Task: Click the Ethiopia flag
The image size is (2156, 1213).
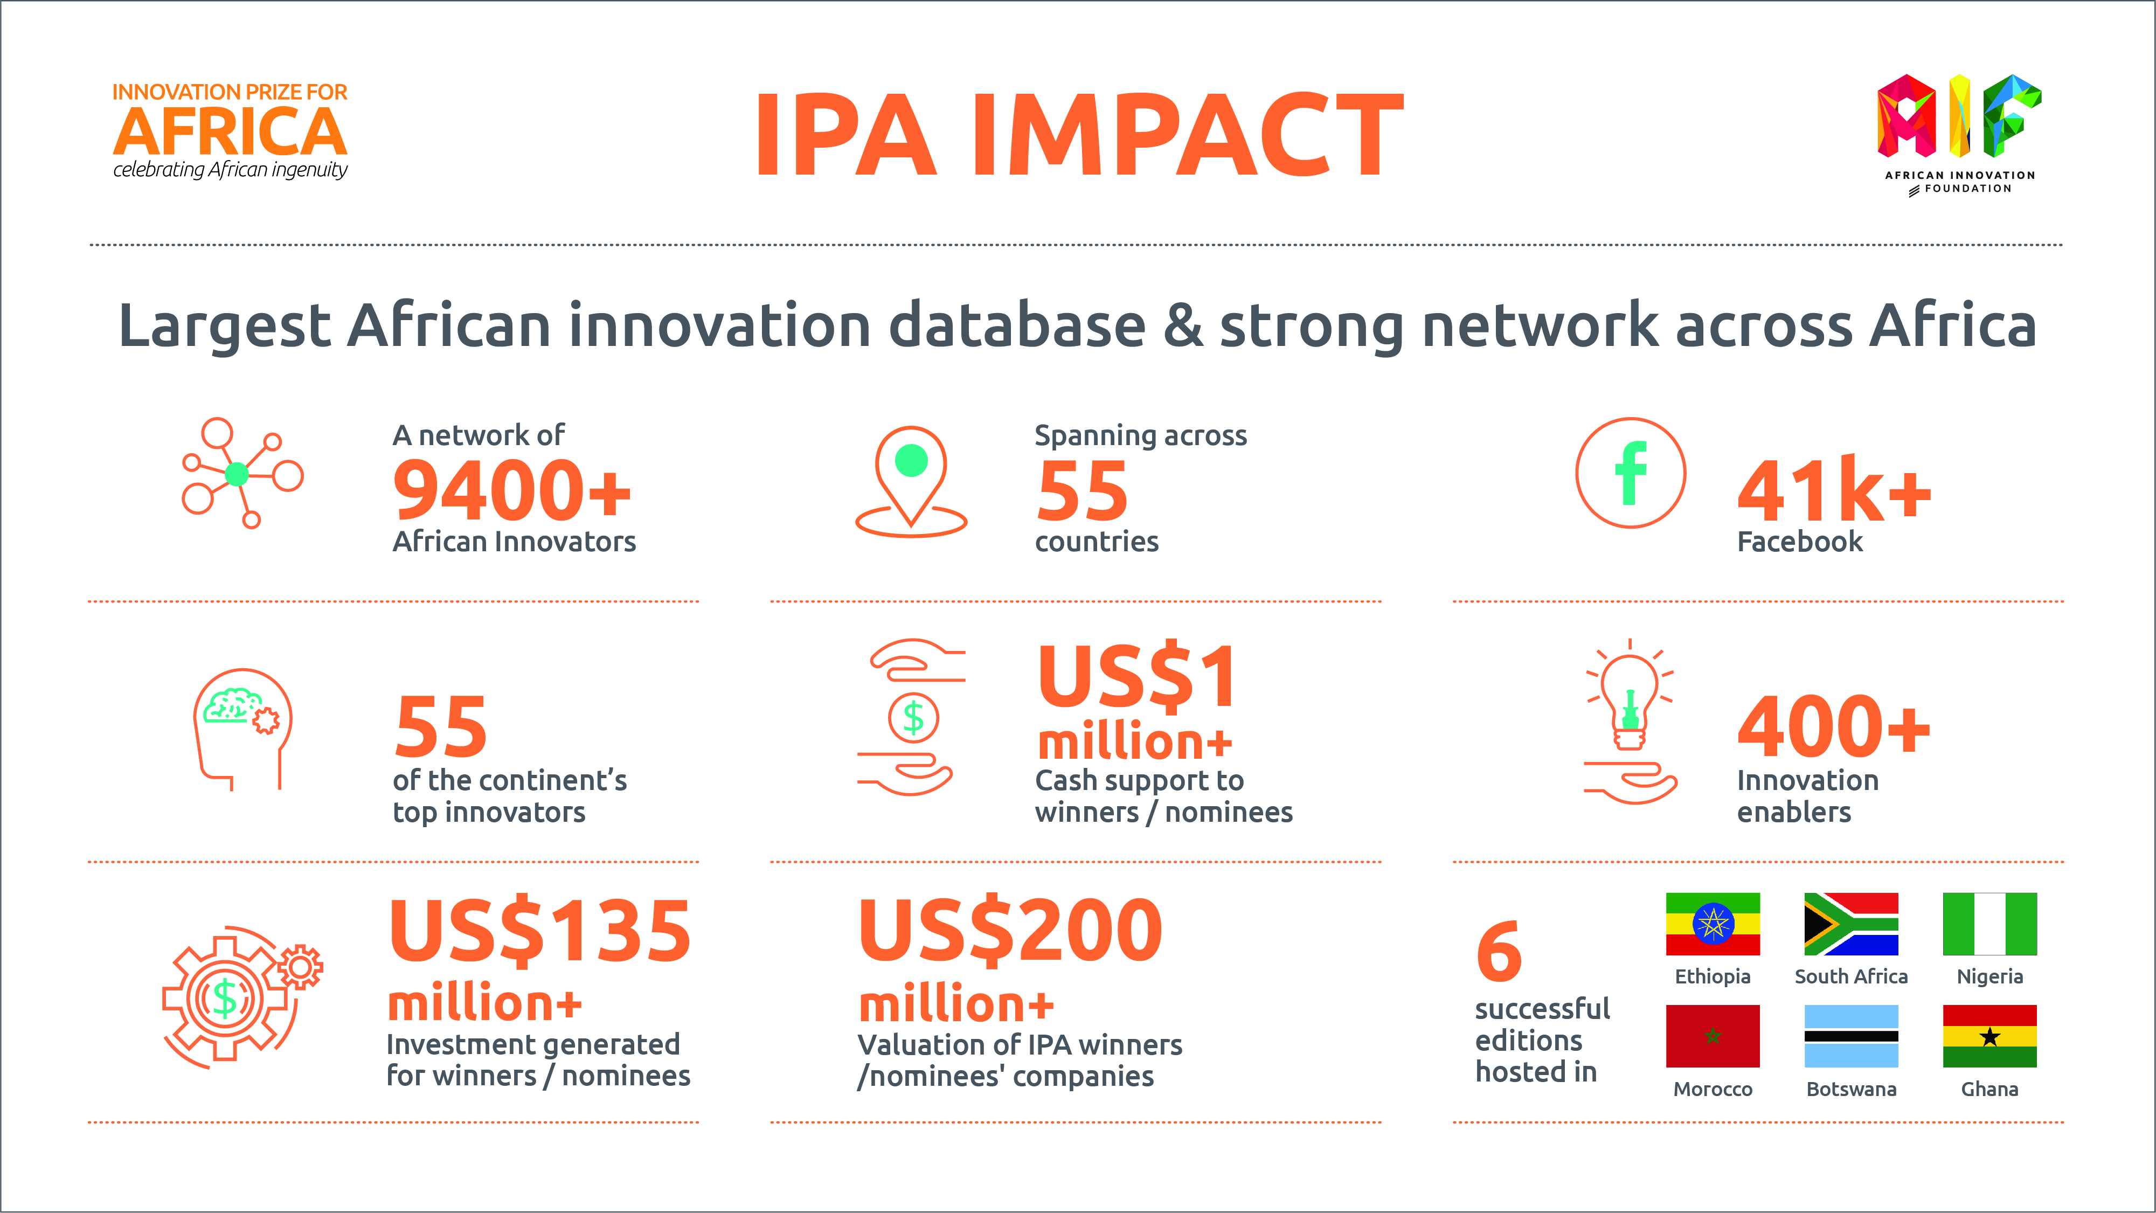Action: (1713, 924)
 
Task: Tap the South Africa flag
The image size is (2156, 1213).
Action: (1852, 924)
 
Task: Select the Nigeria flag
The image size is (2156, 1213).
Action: (1989, 924)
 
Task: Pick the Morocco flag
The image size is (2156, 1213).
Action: (1713, 1036)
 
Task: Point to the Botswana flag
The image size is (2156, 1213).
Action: (1852, 1036)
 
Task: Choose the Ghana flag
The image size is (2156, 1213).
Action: (1989, 1036)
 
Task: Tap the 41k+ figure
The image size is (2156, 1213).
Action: (1835, 491)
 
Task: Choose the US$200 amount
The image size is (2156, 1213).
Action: (1011, 931)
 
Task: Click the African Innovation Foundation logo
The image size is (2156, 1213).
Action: (1959, 134)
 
